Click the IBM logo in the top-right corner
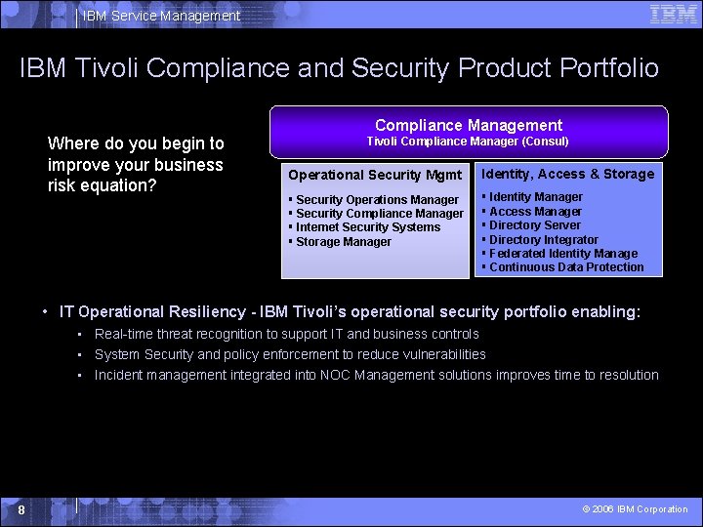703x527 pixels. (x=674, y=14)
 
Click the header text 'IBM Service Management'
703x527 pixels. (x=161, y=16)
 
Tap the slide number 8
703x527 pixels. (x=21, y=509)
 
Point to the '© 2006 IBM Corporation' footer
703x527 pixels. (x=635, y=509)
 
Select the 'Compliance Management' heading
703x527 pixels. (x=469, y=125)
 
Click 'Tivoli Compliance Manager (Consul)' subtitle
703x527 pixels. (x=468, y=142)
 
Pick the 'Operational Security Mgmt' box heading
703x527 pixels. (x=375, y=175)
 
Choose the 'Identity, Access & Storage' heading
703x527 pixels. (x=567, y=174)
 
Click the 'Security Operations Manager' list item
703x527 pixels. (x=377, y=200)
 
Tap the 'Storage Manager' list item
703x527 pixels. (x=343, y=242)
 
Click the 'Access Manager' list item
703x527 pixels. (x=535, y=212)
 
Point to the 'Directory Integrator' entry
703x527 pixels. (x=543, y=240)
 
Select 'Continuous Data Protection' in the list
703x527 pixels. (x=566, y=267)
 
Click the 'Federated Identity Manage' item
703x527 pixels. (x=562, y=254)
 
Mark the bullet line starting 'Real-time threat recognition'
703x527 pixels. (x=286, y=334)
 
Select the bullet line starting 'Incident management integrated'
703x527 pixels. (x=376, y=375)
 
